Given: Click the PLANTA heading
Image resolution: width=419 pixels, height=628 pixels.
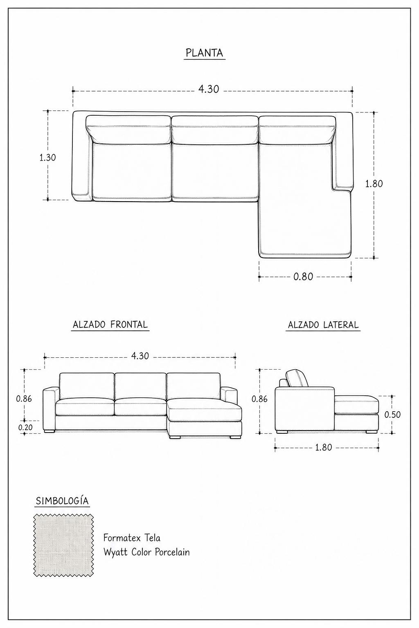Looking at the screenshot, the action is coord(204,53).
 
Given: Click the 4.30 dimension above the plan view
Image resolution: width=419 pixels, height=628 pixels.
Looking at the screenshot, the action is coord(209,89).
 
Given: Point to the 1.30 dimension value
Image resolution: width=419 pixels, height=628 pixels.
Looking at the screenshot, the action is coord(47,157).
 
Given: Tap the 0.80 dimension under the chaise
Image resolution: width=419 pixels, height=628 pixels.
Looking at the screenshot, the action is coord(303,277).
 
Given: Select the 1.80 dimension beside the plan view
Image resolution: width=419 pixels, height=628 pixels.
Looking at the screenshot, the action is coord(374,184).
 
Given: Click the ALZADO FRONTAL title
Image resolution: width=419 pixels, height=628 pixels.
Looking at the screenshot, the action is coord(110,325).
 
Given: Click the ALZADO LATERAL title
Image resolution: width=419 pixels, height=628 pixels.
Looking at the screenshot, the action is coord(323,325).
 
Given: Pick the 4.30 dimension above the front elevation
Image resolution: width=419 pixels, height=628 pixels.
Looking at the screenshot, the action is coord(140,356).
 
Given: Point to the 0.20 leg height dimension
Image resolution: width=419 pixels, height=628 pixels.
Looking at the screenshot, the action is coord(25,428).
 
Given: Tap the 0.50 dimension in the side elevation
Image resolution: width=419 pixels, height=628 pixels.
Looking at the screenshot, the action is coord(392,415).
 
